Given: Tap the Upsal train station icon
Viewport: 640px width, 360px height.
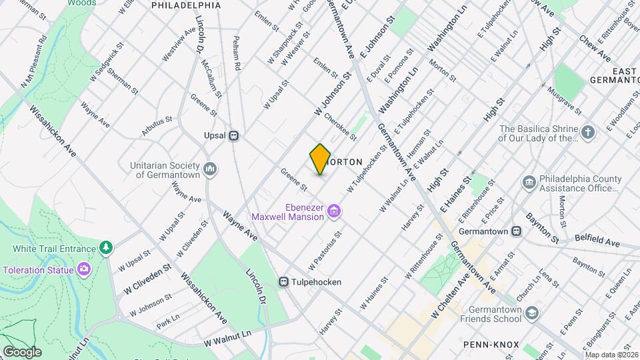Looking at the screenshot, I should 233,135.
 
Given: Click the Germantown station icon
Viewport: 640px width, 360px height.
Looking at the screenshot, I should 516,231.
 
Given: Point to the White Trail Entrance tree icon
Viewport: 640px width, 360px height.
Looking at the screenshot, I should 105,249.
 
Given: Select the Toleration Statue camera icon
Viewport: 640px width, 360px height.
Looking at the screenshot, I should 83,269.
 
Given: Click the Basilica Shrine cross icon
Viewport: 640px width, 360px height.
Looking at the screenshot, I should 587,131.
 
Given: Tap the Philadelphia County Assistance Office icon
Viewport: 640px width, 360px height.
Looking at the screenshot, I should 529,182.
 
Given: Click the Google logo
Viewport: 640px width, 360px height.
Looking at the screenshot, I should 21,352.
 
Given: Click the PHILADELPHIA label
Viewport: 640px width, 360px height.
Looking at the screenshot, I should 186,5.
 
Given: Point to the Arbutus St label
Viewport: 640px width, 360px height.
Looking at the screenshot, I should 157,126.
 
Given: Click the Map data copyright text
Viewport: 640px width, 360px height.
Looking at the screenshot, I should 611,355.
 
